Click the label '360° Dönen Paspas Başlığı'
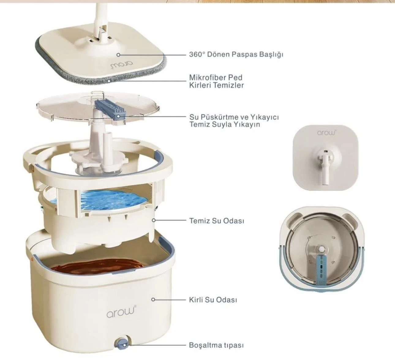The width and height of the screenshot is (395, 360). tap(236, 54)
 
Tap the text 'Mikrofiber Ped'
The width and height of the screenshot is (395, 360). tap(216, 77)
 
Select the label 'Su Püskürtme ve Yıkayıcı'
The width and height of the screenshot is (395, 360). tap(234, 117)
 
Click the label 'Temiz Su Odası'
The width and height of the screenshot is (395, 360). tap(216, 221)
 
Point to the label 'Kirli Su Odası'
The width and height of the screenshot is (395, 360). tap(213, 300)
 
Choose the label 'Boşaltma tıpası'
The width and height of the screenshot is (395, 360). tap(216, 345)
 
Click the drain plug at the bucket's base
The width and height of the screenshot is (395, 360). tap(122, 344)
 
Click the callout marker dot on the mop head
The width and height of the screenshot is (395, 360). tap(118, 55)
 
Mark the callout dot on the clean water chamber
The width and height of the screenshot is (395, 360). tap(154, 220)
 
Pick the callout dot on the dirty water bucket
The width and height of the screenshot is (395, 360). tap(153, 299)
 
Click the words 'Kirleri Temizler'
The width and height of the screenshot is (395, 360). tap(216, 85)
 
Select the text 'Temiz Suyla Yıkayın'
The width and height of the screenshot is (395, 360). tap(225, 125)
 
